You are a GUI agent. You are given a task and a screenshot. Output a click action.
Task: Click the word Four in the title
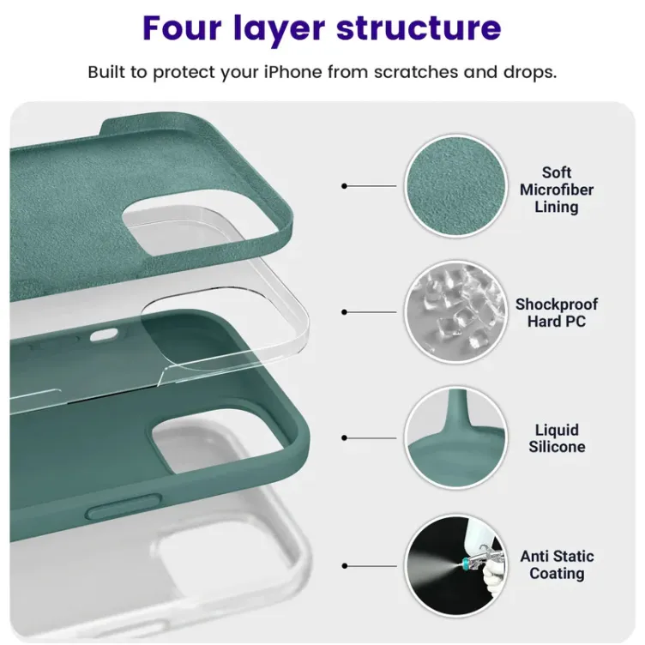[x=182, y=27]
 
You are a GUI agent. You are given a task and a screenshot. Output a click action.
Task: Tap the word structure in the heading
[x=419, y=28]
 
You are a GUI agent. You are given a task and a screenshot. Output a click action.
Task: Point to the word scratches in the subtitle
[x=416, y=72]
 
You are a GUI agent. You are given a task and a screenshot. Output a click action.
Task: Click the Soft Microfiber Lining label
[x=556, y=190]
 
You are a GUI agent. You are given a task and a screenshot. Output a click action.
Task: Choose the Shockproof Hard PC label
[x=556, y=312]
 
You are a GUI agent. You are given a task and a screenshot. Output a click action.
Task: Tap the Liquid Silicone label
[x=557, y=438]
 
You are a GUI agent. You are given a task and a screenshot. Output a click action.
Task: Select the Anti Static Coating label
[x=557, y=564]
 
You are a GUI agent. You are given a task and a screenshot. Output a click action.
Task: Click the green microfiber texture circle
[x=455, y=186]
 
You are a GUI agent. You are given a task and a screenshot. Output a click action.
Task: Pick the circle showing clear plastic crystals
[x=455, y=312]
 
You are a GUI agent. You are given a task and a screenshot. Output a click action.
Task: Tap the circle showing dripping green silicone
[x=455, y=437]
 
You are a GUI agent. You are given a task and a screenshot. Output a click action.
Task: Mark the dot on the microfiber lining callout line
[x=344, y=186]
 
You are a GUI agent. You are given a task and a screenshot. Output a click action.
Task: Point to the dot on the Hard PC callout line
[x=344, y=312]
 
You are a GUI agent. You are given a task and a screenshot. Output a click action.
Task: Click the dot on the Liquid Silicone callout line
[x=344, y=437]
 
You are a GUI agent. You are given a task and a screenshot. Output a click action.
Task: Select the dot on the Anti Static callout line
[x=344, y=566]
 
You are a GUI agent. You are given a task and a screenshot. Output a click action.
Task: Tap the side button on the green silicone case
[x=124, y=507]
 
